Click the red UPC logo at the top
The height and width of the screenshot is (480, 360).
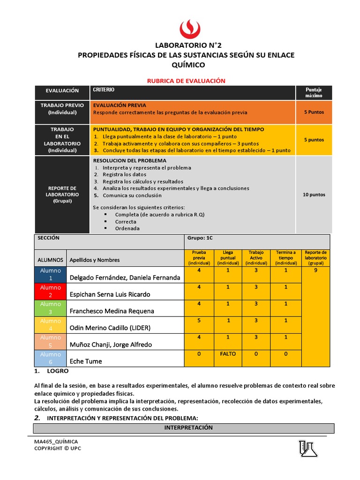coord(190,29)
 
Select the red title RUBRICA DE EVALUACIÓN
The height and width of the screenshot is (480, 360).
coord(187,81)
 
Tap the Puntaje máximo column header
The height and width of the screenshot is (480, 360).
coord(314,92)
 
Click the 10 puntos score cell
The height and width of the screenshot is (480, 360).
coord(314,195)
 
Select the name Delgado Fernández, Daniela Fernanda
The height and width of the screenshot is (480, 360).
coord(125,277)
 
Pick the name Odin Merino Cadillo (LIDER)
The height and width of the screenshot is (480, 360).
coord(110,328)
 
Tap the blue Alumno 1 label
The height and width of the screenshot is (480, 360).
coord(51,274)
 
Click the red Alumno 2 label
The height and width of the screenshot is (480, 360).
coord(51,291)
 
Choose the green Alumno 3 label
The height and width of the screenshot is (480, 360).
coord(51,308)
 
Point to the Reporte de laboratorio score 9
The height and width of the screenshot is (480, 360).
coord(315,270)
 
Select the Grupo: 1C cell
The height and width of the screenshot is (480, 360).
coord(200,238)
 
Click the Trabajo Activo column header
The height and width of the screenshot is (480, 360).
coord(256,258)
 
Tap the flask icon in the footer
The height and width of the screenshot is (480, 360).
coord(308,449)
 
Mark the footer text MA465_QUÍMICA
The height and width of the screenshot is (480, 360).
coord(56,442)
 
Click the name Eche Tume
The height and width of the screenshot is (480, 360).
coord(86,361)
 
